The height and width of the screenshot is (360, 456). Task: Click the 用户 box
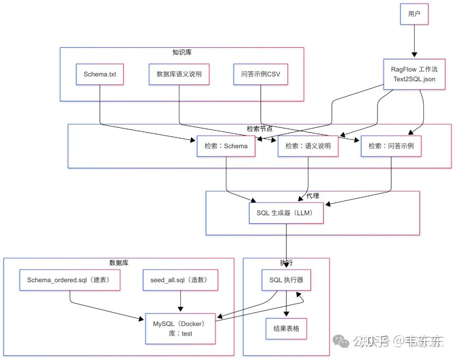tap(414, 14)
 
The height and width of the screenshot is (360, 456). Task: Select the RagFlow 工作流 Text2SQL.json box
tap(414, 74)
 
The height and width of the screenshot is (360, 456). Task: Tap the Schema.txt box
tap(100, 74)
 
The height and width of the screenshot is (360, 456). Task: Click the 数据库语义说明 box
tap(179, 74)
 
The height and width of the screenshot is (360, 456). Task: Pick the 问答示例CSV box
tap(261, 74)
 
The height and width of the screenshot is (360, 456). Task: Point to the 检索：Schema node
tap(226, 146)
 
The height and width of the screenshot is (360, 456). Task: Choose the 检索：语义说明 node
tap(308, 146)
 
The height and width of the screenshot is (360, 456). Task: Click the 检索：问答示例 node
tap(391, 146)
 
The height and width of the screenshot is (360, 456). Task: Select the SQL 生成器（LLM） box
tap(287, 213)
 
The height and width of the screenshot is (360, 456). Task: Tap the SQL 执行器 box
tap(286, 280)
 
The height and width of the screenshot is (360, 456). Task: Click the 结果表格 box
tap(286, 328)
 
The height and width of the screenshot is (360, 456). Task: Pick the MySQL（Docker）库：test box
tap(180, 328)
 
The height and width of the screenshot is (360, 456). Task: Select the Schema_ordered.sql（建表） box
tap(70, 280)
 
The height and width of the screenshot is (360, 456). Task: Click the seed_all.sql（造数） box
tap(181, 280)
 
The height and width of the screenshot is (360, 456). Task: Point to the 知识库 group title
tap(182, 52)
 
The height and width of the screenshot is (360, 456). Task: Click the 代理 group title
tap(312, 196)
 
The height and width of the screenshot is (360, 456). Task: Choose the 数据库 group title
tap(119, 262)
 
